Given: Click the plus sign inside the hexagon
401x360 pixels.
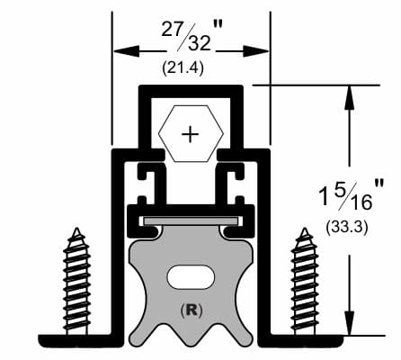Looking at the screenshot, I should click(190, 135).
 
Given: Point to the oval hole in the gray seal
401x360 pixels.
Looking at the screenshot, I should click(190, 274).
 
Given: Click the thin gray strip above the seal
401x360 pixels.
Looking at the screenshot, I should click(190, 220).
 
